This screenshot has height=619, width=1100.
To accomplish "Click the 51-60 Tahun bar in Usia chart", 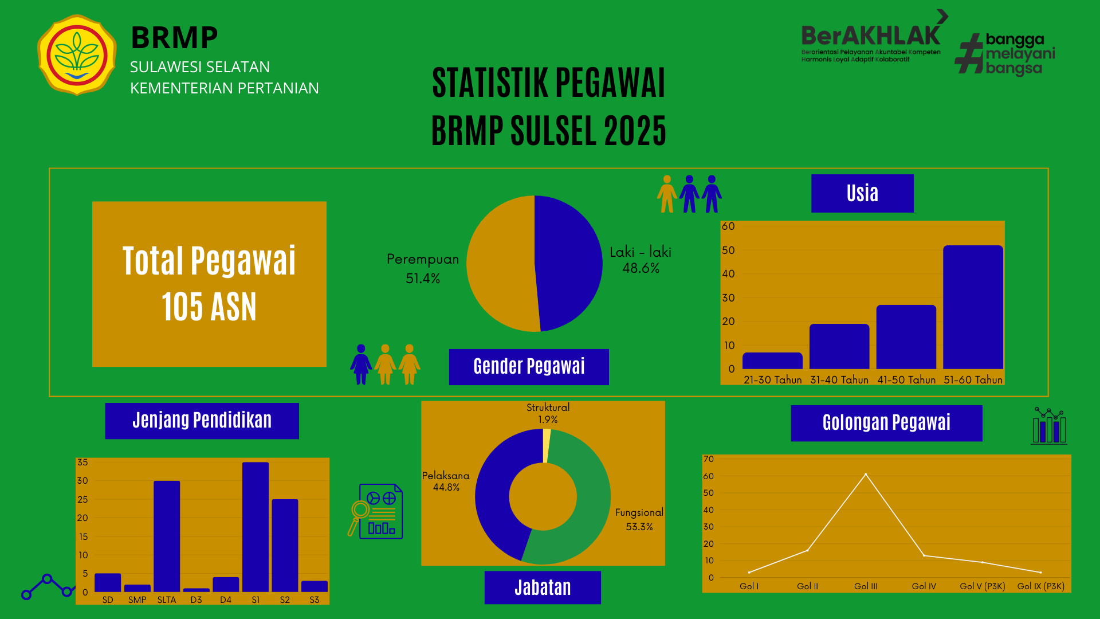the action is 973,307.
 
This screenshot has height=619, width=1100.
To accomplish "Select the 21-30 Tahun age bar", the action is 772,361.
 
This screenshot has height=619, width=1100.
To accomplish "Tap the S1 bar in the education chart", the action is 256,527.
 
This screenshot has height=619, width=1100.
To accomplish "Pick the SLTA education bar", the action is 167,536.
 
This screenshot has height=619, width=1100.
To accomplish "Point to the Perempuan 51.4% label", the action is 423,268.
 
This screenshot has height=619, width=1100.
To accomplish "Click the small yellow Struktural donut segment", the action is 547,446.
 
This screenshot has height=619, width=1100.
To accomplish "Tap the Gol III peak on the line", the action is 866,474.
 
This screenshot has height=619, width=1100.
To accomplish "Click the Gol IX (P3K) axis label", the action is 1040,586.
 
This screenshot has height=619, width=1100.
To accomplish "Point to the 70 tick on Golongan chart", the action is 709,459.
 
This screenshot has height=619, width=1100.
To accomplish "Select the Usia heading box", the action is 862,193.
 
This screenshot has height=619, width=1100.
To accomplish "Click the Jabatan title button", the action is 543,587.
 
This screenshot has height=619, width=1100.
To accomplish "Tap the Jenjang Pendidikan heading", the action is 202,421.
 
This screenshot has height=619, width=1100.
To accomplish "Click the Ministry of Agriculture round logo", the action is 77,55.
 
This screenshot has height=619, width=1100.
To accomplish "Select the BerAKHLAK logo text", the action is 871,36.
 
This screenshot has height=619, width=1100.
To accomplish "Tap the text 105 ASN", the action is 209,307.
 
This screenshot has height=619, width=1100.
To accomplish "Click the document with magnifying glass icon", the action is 376,511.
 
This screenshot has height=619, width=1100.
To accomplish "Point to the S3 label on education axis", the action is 315,600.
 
